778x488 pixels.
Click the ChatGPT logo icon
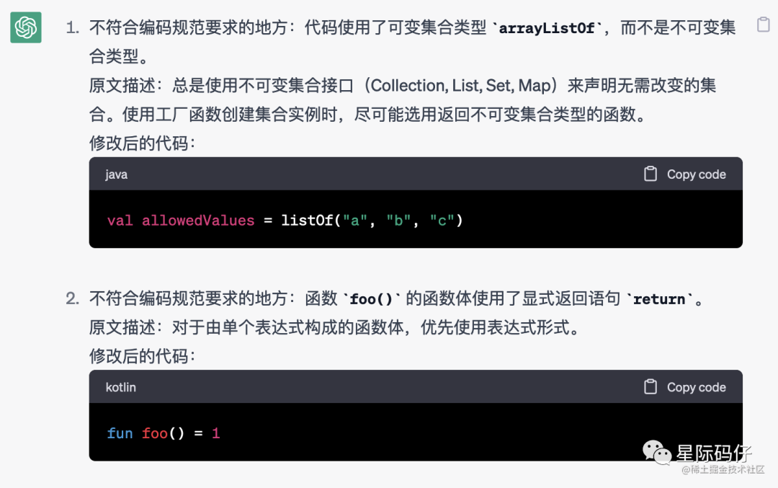26,28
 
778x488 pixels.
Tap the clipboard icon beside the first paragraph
764,25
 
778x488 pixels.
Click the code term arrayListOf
547,28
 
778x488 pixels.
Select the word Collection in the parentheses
408,86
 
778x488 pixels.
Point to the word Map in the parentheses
535,86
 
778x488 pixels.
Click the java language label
116,174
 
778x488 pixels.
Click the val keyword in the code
120,221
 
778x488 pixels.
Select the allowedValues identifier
198,221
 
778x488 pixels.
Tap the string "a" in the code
355,221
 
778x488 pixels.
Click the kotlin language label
121,387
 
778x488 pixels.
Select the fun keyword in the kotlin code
120,433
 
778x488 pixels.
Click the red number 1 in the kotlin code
216,433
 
